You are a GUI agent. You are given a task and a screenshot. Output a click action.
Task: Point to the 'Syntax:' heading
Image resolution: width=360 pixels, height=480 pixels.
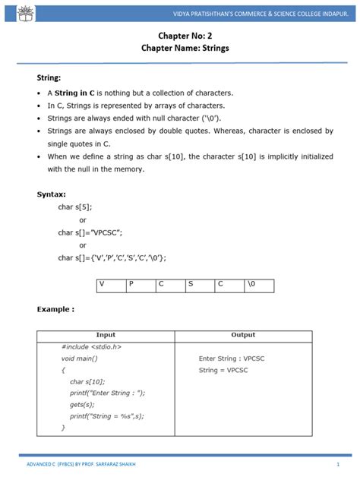coord(52,194)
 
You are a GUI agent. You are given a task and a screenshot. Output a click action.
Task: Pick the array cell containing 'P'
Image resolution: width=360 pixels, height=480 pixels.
coord(141,284)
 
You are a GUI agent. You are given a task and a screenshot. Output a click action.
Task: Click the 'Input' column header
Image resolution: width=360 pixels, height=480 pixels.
coord(106,335)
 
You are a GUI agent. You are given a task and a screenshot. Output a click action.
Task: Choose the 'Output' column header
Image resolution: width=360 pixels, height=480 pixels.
coord(243,335)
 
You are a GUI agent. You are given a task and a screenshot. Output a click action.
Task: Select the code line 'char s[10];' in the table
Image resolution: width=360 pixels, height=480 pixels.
coord(87,381)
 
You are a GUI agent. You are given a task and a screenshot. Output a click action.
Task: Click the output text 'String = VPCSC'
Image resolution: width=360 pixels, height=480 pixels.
coord(223,370)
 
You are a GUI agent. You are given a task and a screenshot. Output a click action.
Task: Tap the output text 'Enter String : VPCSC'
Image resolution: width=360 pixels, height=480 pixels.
coord(232,358)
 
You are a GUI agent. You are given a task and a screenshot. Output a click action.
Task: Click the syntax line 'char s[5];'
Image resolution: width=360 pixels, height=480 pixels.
coord(75,207)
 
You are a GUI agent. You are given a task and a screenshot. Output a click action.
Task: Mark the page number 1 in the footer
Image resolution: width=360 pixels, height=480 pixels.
coord(337,463)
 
